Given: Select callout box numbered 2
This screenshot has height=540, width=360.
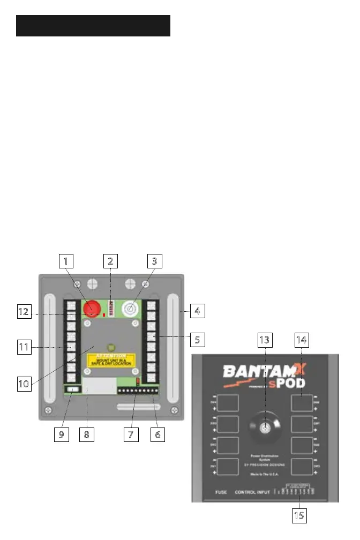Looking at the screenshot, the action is click(x=110, y=262).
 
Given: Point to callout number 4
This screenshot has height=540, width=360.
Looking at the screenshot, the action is click(x=198, y=310).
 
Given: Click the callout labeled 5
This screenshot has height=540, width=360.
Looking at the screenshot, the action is click(x=198, y=339).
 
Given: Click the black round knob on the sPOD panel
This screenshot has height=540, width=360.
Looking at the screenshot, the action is click(x=264, y=427).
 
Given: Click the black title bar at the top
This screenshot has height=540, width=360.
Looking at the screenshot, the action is click(x=93, y=25).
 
